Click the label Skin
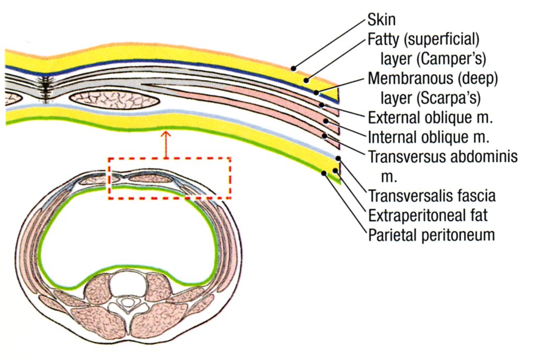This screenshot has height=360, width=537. click(381, 20)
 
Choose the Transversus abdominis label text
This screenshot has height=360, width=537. click(442, 156)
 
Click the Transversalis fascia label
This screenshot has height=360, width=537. click(432, 196)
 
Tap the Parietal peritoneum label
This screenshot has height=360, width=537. click(431, 235)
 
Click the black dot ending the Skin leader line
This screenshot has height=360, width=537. click(294, 68)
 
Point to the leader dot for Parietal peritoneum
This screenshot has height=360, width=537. click(325, 173)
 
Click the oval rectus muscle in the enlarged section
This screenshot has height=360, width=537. click(114, 99)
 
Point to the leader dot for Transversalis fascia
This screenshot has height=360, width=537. click(339, 157)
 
